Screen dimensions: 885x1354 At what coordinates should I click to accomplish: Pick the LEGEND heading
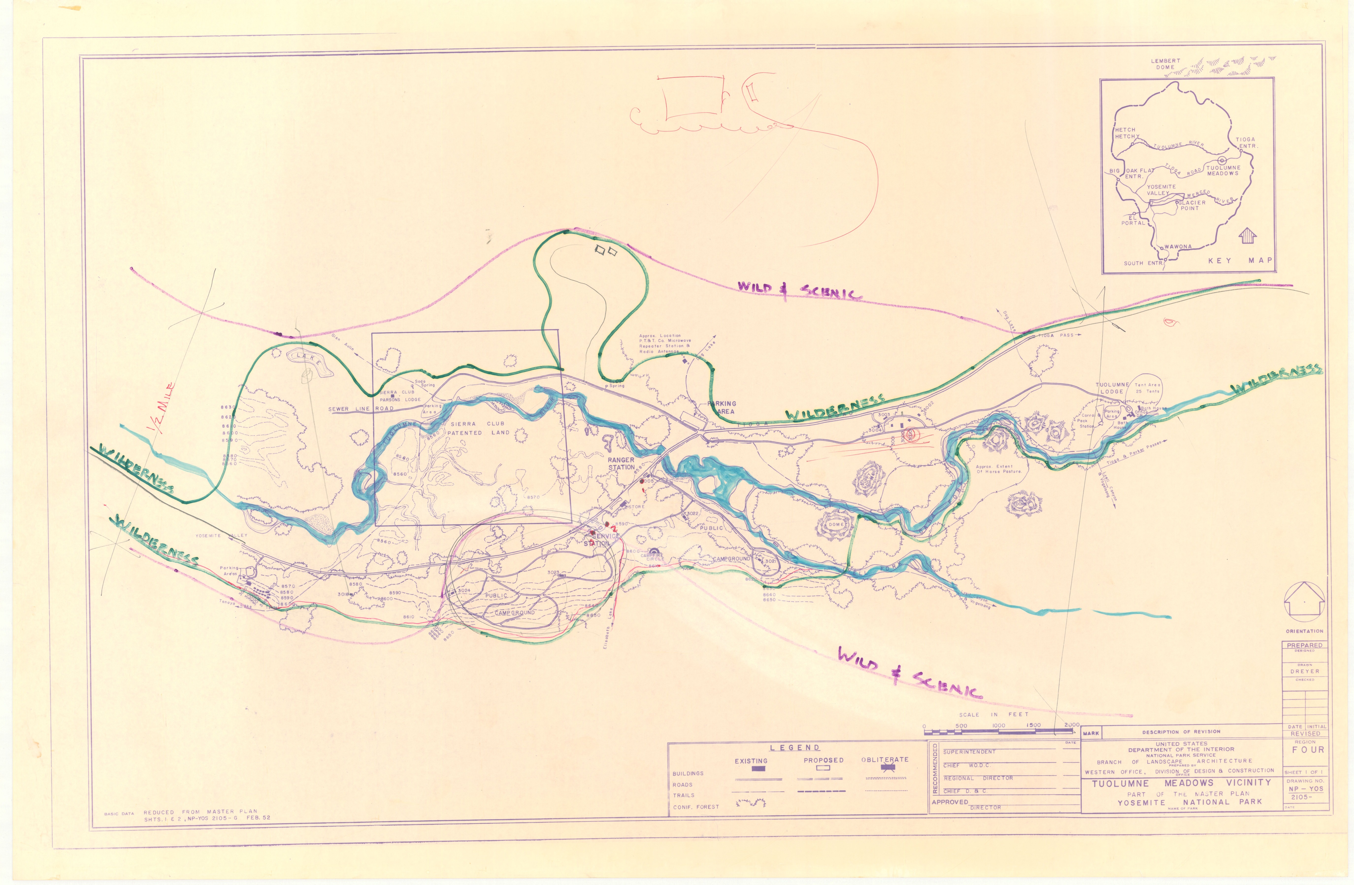795,748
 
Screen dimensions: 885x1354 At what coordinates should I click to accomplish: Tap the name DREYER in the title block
1304,671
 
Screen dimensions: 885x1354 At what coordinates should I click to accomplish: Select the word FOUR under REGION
1308,750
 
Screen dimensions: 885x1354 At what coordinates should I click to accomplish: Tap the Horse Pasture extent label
998,469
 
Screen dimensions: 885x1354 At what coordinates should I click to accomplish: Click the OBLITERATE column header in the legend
885,759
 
